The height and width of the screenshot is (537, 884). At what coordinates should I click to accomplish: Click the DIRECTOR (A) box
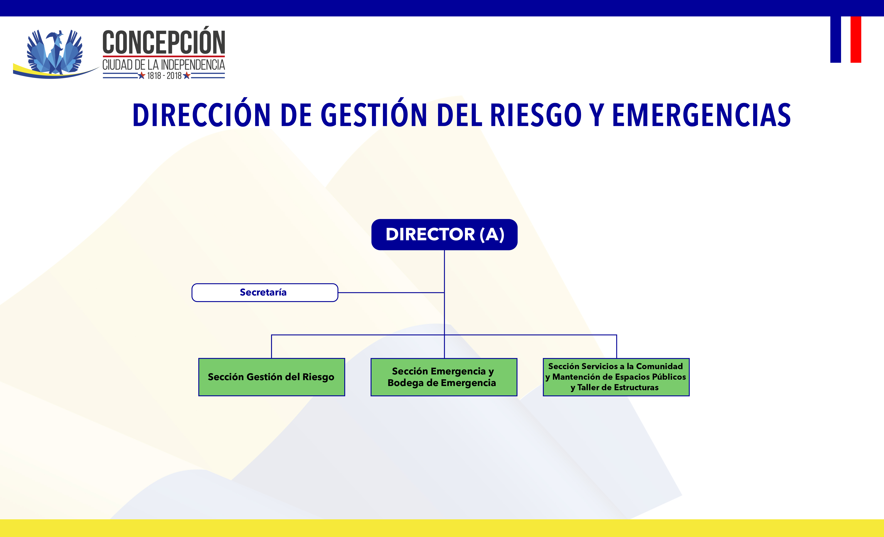pos(444,234)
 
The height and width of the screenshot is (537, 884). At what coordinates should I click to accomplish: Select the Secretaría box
pos(265,293)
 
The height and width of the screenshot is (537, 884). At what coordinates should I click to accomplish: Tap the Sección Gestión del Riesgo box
pos(272,377)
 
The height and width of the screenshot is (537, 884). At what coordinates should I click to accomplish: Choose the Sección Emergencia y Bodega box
pos(444,377)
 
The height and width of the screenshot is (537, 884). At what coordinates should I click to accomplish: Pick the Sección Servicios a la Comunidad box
pos(616,377)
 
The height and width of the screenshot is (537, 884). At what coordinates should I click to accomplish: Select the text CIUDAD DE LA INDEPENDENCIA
pos(164,65)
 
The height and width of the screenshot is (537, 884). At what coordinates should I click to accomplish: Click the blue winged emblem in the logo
pos(55,52)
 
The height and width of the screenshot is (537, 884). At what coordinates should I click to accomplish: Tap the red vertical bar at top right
pos(856,40)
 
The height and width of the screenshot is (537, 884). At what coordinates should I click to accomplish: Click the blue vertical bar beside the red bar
pos(836,40)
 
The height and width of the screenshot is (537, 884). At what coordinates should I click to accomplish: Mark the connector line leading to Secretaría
pos(391,293)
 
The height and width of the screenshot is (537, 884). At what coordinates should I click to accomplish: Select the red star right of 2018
pos(186,75)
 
